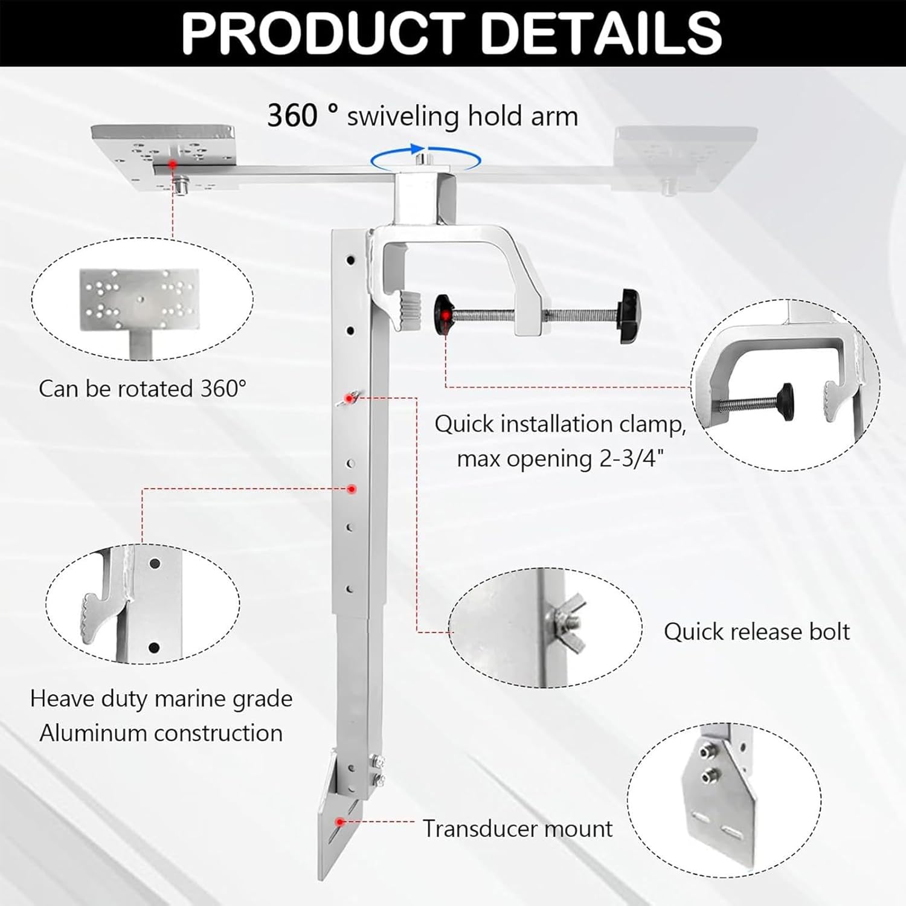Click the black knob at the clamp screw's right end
click(629, 316)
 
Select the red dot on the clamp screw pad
click(446, 315)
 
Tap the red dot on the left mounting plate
click(173, 164)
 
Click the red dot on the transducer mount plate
click(341, 821)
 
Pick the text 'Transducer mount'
click(518, 829)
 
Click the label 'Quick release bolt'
click(756, 632)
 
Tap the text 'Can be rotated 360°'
click(143, 388)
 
